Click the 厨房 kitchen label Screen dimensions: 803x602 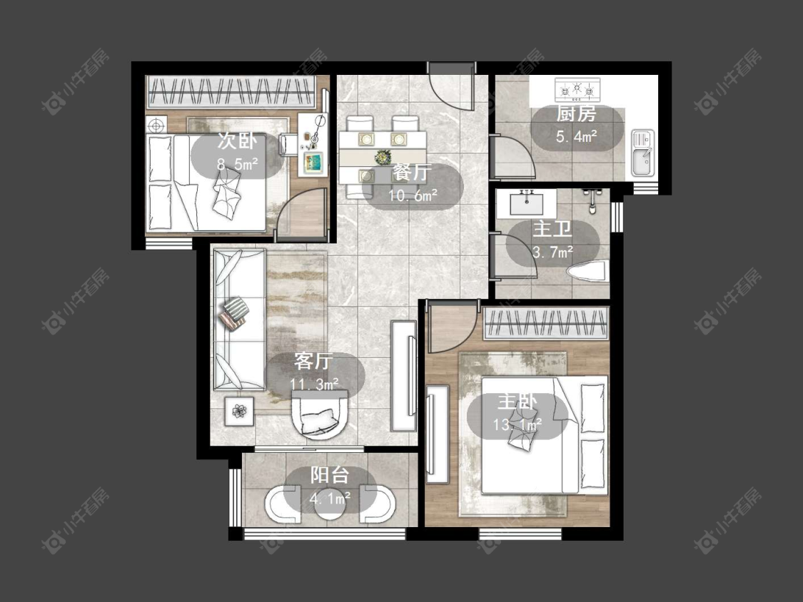point(576,113)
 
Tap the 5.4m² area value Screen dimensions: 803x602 point(577,137)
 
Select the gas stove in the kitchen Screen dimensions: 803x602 point(577,90)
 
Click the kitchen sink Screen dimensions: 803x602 point(642,153)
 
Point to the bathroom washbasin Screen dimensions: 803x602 point(527,204)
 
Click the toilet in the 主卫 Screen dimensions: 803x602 point(588,271)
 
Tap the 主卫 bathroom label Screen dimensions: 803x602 point(552,229)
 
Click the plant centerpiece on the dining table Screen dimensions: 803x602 point(383,157)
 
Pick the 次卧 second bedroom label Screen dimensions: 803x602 point(236,141)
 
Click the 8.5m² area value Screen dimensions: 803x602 point(237,164)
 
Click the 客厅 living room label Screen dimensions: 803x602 point(313,362)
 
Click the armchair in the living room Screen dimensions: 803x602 point(320,415)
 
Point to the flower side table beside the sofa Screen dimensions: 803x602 point(239,411)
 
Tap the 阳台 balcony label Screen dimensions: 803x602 point(330,475)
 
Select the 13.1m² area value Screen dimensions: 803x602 point(517,425)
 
